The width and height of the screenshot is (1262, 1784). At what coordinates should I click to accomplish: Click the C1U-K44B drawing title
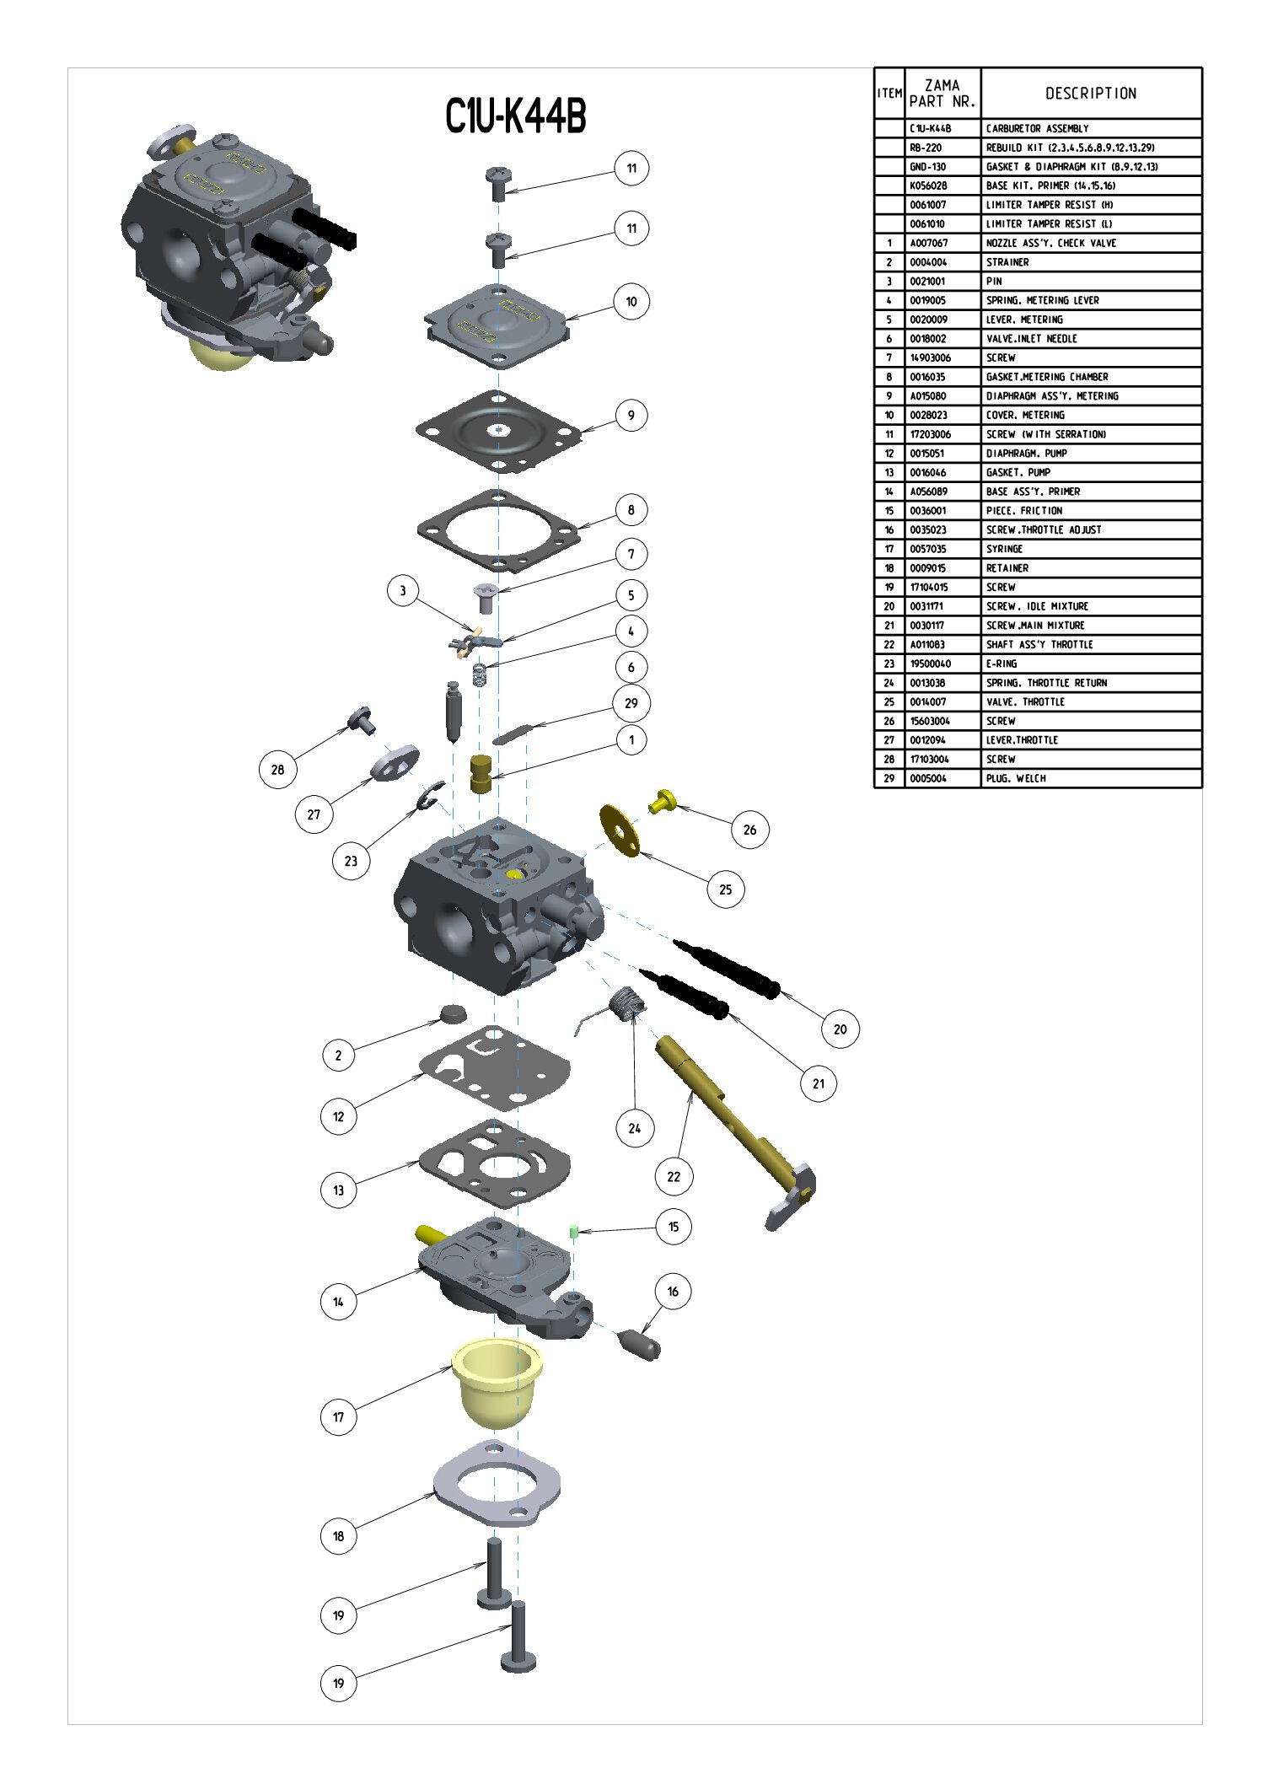(515, 116)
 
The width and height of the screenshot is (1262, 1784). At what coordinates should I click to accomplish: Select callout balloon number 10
(631, 302)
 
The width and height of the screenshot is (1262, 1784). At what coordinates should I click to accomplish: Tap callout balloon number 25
(725, 889)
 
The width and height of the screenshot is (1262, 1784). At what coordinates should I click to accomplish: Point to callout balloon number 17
(338, 1416)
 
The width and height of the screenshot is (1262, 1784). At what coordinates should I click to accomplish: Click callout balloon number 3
(403, 590)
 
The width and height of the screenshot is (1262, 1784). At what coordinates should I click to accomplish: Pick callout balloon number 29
(631, 703)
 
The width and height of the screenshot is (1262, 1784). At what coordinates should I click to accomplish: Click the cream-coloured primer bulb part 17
(497, 1382)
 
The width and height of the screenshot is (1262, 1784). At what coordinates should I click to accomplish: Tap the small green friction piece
(574, 1232)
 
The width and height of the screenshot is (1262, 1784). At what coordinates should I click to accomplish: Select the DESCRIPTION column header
(1091, 94)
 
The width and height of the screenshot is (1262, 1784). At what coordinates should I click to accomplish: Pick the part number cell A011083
(927, 645)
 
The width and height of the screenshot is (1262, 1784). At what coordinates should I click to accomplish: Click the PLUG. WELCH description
(1016, 778)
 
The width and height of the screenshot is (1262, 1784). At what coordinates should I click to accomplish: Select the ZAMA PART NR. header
(942, 94)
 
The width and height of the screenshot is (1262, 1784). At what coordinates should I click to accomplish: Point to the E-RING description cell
(1003, 664)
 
